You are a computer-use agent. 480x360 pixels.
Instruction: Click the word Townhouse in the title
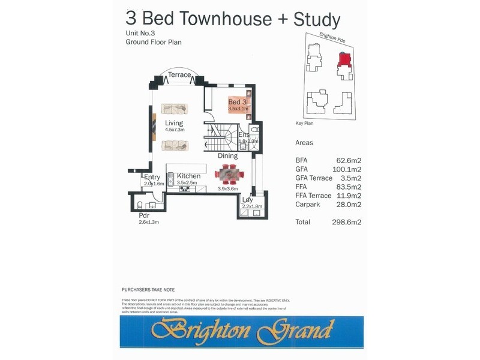tap(213, 19)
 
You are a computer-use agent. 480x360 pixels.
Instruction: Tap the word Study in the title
tap(317, 19)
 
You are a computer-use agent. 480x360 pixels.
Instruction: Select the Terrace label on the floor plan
tap(179, 75)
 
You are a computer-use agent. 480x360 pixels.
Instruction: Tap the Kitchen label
tap(188, 176)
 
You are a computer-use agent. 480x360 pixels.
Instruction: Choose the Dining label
tap(228, 156)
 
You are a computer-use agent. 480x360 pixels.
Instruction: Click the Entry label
tap(152, 177)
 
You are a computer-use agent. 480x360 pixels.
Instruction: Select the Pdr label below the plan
tap(144, 215)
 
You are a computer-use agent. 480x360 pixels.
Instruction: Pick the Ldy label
tap(247, 200)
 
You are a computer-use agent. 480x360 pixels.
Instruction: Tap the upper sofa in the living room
tap(175, 109)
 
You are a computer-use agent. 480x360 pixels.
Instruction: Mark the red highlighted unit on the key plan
tap(344, 59)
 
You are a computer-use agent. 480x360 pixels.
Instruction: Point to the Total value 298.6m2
tap(346, 221)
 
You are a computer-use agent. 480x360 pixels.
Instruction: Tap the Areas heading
tap(304, 143)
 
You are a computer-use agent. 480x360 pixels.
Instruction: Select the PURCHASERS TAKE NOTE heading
tap(148, 290)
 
